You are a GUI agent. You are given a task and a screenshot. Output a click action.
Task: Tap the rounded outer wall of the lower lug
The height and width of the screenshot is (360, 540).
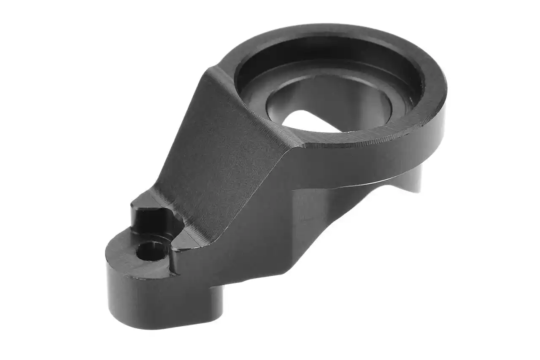click(127, 295)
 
